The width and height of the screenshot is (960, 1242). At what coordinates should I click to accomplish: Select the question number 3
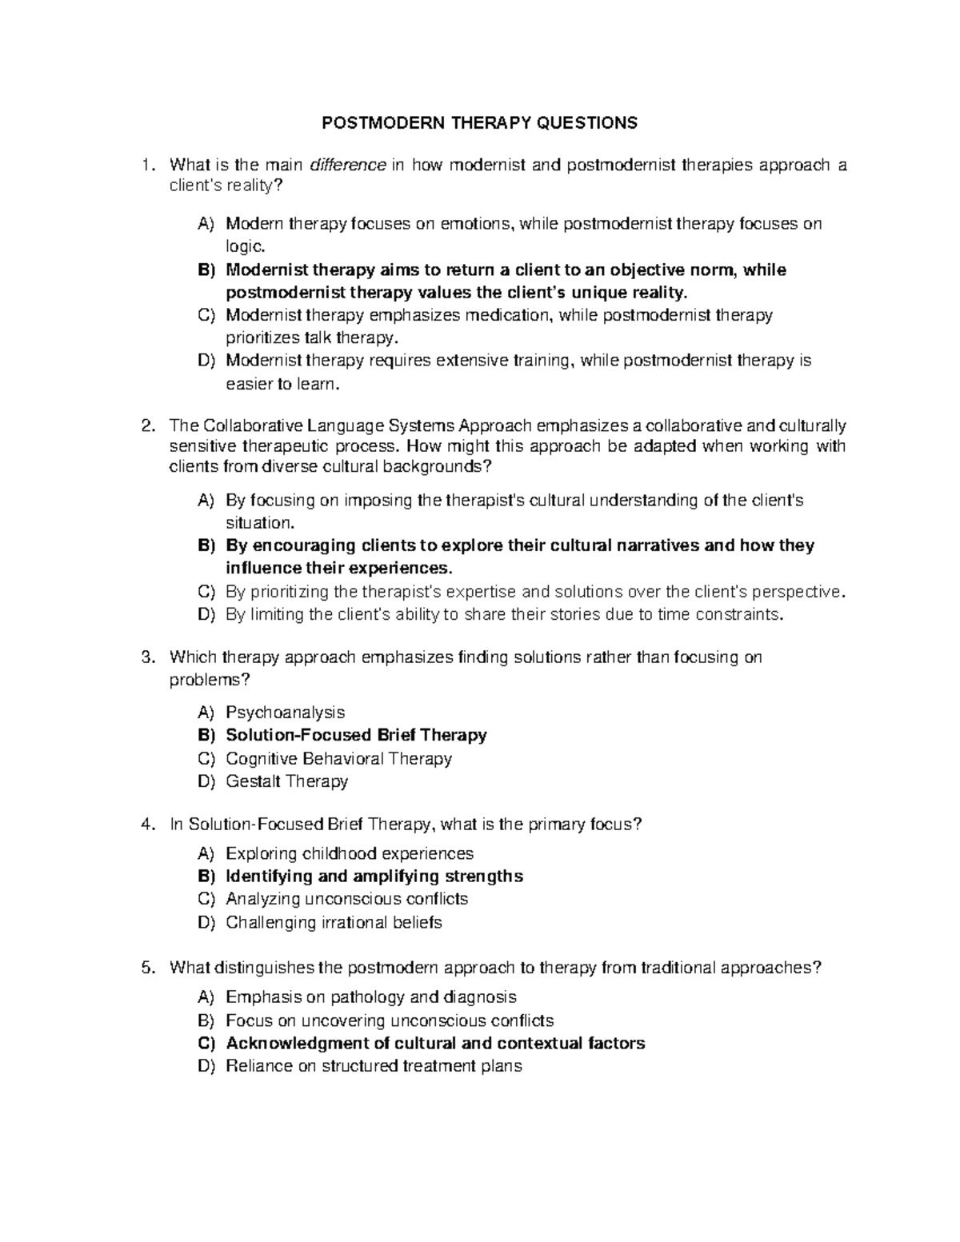click(x=146, y=657)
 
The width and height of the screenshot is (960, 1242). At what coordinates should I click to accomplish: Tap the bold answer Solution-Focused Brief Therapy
click(x=356, y=734)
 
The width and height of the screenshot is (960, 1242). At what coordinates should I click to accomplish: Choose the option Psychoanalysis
click(x=285, y=712)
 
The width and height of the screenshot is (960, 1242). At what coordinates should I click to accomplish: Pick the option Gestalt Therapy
click(x=286, y=781)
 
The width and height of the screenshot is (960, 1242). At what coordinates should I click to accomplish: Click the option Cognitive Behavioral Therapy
click(x=338, y=758)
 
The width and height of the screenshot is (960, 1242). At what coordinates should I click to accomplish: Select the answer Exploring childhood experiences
click(x=350, y=853)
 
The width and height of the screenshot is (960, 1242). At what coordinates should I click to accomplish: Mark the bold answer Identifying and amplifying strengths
click(x=374, y=876)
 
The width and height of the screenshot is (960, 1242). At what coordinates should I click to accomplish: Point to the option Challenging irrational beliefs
click(x=334, y=922)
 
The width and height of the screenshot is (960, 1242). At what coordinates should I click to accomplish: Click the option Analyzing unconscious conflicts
click(x=346, y=899)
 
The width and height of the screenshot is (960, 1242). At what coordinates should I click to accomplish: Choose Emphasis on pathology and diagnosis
click(x=371, y=996)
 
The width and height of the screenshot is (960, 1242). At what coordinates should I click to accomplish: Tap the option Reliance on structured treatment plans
click(x=374, y=1065)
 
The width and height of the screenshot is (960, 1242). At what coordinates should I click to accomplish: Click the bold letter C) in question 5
click(x=206, y=1043)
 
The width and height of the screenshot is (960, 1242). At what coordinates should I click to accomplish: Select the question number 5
click(x=146, y=968)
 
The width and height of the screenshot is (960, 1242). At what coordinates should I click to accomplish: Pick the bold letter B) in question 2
click(x=206, y=545)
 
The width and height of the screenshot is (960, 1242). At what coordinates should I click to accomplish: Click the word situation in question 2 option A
click(x=260, y=523)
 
